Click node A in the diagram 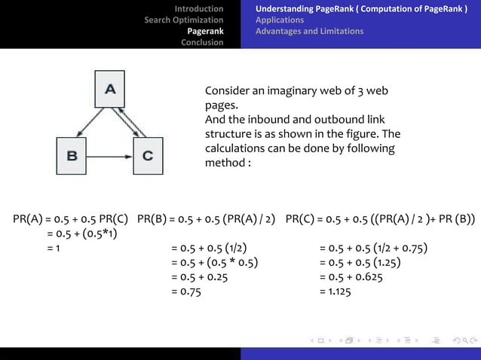[110, 89]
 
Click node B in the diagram [72, 157]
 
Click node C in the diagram [148, 157]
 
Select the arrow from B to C [111, 157]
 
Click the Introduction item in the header [199, 9]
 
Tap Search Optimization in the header [184, 20]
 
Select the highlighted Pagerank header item [205, 31]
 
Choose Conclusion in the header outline [202, 42]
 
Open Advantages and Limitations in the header [309, 32]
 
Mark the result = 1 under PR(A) [54, 249]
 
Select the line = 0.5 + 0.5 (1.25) [360, 263]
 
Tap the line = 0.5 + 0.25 [199, 277]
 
